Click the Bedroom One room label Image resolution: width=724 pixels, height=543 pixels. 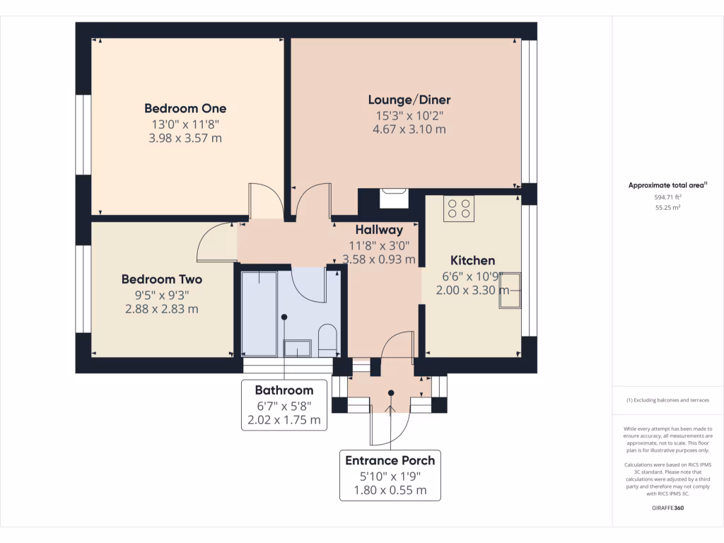(185, 108)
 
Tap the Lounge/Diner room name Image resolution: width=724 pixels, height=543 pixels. (409, 100)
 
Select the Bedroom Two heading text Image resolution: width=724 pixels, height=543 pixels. (161, 279)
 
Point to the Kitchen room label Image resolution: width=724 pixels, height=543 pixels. (472, 260)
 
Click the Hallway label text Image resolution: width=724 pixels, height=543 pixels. (379, 230)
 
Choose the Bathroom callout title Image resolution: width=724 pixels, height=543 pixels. (284, 390)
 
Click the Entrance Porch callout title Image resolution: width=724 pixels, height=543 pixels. (390, 460)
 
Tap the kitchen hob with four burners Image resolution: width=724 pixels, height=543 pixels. (458, 208)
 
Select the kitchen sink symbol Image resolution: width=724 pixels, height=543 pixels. (509, 290)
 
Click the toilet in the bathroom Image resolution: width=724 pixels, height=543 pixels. (328, 339)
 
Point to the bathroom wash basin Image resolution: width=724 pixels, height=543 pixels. (297, 347)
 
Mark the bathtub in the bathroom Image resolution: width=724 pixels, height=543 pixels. (259, 313)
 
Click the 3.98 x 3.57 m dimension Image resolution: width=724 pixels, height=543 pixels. (185, 138)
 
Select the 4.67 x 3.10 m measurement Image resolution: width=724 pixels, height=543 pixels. (409, 129)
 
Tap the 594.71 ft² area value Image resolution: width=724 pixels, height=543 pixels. (668, 198)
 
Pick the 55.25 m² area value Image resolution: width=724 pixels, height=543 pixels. (668, 208)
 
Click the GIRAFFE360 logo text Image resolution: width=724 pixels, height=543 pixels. (668, 508)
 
